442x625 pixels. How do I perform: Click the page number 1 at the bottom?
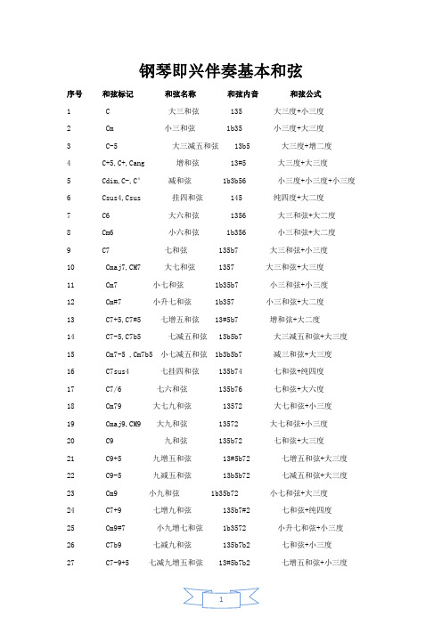click(x=222, y=601)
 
